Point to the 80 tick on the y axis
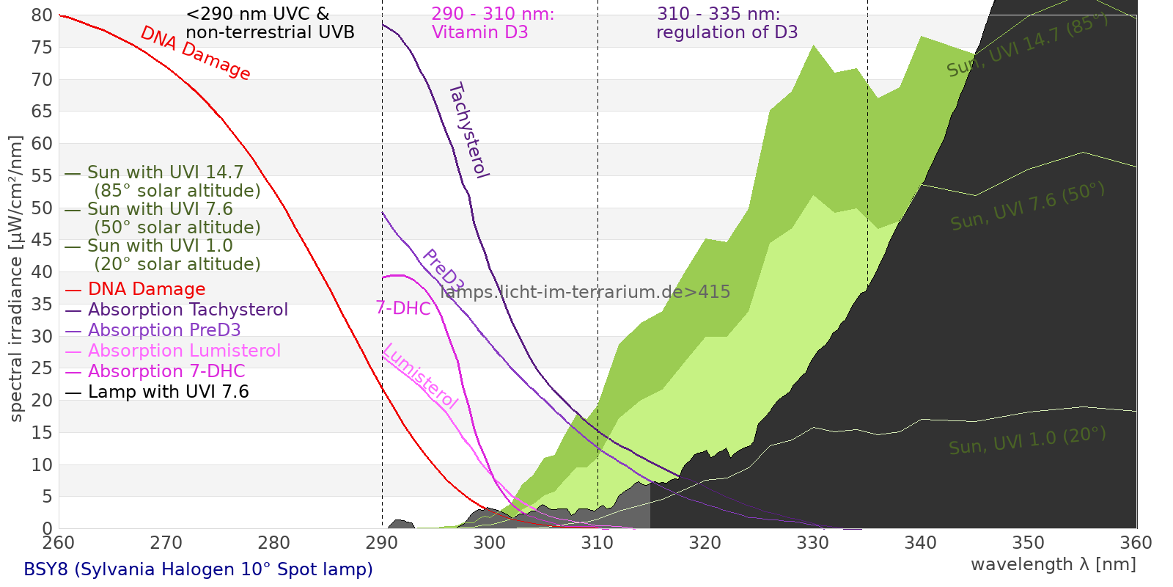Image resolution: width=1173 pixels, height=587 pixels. [x=43, y=15]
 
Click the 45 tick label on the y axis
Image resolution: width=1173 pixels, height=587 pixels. [x=43, y=240]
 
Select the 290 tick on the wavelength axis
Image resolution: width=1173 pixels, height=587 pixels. [x=381, y=543]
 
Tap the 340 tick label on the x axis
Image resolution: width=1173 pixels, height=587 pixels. [x=921, y=543]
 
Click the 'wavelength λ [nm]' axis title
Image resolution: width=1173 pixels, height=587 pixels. [x=1053, y=564]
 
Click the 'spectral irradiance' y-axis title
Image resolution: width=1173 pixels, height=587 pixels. [x=16, y=279]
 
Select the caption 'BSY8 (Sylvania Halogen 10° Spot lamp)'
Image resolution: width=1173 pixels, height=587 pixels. [x=198, y=569]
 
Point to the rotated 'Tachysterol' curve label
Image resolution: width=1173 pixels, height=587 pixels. [x=468, y=131]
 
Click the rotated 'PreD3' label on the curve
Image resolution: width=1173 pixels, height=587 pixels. [x=443, y=271]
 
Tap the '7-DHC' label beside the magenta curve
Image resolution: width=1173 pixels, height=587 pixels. [x=403, y=308]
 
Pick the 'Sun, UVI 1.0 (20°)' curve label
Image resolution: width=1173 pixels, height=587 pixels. [x=1027, y=441]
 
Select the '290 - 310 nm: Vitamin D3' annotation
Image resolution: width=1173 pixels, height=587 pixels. [x=492, y=23]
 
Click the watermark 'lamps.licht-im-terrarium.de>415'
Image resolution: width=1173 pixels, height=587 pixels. [x=585, y=292]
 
